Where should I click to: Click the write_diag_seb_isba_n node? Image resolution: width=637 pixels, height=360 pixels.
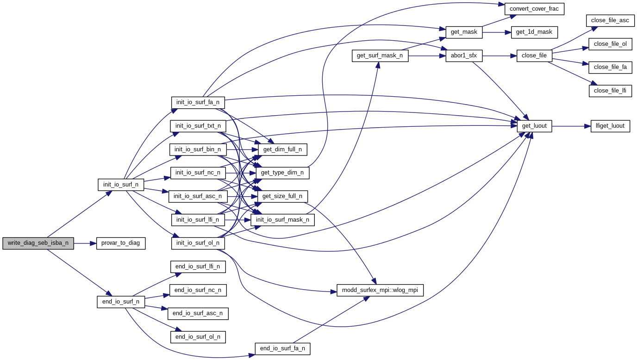tap(38, 243)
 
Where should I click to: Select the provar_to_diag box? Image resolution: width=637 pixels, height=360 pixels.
tap(121, 243)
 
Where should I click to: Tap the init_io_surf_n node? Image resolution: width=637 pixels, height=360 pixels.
tap(121, 185)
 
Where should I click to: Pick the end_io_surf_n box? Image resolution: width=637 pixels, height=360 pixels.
tap(121, 302)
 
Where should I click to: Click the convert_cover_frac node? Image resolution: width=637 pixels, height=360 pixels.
tap(534, 9)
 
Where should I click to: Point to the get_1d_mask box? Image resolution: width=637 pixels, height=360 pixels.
tap(534, 32)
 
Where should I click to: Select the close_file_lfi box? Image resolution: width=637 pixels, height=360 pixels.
tap(610, 91)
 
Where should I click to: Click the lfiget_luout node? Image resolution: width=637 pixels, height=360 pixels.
tap(610, 126)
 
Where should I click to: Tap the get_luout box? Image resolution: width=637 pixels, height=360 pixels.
tap(534, 126)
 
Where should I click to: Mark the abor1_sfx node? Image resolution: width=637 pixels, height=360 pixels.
tap(464, 56)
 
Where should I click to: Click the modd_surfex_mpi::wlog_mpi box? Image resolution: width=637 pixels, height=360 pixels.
tap(380, 291)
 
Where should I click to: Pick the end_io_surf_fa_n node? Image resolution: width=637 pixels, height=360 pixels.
tap(282, 349)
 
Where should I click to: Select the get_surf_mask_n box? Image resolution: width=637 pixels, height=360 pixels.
tap(380, 56)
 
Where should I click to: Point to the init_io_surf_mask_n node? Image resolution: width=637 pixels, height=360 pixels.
tap(282, 220)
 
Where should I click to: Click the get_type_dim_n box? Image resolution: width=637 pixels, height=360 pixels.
tap(282, 173)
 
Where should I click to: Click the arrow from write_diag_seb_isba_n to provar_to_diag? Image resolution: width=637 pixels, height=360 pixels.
tap(85, 243)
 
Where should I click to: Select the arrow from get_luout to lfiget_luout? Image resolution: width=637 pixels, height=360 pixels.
tap(571, 126)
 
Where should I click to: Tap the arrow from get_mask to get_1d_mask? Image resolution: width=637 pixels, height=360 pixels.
tap(497, 32)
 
